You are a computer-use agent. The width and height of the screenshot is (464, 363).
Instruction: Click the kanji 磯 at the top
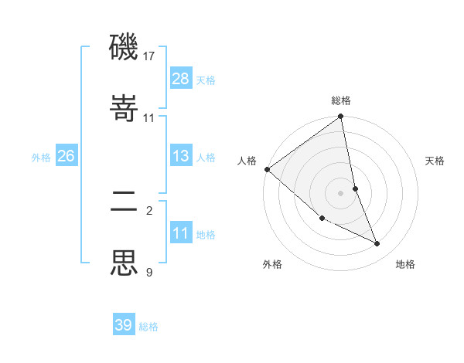click(x=125, y=48)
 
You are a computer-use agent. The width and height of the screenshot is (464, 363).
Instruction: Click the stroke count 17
click(x=149, y=56)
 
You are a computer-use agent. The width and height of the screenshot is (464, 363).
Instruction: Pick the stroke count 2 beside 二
click(x=149, y=210)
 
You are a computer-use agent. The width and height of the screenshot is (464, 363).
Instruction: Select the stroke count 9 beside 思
click(x=149, y=271)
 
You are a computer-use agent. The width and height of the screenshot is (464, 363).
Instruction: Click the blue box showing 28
click(x=180, y=78)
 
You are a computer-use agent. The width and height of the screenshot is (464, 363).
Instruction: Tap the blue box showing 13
click(x=180, y=156)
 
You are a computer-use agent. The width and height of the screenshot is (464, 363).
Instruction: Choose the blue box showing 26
click(x=66, y=156)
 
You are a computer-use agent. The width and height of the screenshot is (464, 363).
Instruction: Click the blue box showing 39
click(x=124, y=325)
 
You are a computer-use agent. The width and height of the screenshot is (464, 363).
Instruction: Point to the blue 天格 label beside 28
click(x=206, y=80)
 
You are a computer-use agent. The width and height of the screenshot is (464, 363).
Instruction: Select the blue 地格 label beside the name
click(x=206, y=234)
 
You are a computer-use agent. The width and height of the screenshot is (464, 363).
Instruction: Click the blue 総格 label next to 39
click(x=148, y=327)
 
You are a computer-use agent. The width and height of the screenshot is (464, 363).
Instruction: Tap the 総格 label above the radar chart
click(x=341, y=100)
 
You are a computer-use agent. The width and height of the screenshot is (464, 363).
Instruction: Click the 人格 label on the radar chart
click(x=247, y=161)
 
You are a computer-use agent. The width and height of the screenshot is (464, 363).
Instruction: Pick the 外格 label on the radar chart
click(x=272, y=264)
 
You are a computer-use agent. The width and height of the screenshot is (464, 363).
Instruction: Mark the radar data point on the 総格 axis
click(x=341, y=117)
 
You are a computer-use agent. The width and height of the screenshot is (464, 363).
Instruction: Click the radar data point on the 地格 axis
click(x=377, y=243)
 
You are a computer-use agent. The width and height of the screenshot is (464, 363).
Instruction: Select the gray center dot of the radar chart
click(x=341, y=192)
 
